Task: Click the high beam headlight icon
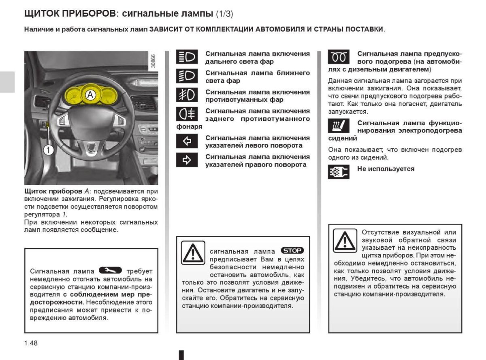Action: click(x=187, y=58)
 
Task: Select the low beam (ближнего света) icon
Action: click(x=187, y=77)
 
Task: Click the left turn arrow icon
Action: click(x=187, y=141)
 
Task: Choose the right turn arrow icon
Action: click(x=187, y=161)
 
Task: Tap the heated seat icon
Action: click(x=338, y=126)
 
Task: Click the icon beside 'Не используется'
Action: click(x=338, y=172)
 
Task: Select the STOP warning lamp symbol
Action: click(x=292, y=251)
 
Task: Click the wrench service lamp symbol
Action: click(x=110, y=270)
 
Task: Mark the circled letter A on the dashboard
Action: click(x=90, y=95)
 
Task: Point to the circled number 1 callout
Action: click(x=48, y=150)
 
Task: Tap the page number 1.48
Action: click(x=31, y=343)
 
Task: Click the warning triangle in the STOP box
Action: click(x=193, y=253)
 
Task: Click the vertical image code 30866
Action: click(x=153, y=62)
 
